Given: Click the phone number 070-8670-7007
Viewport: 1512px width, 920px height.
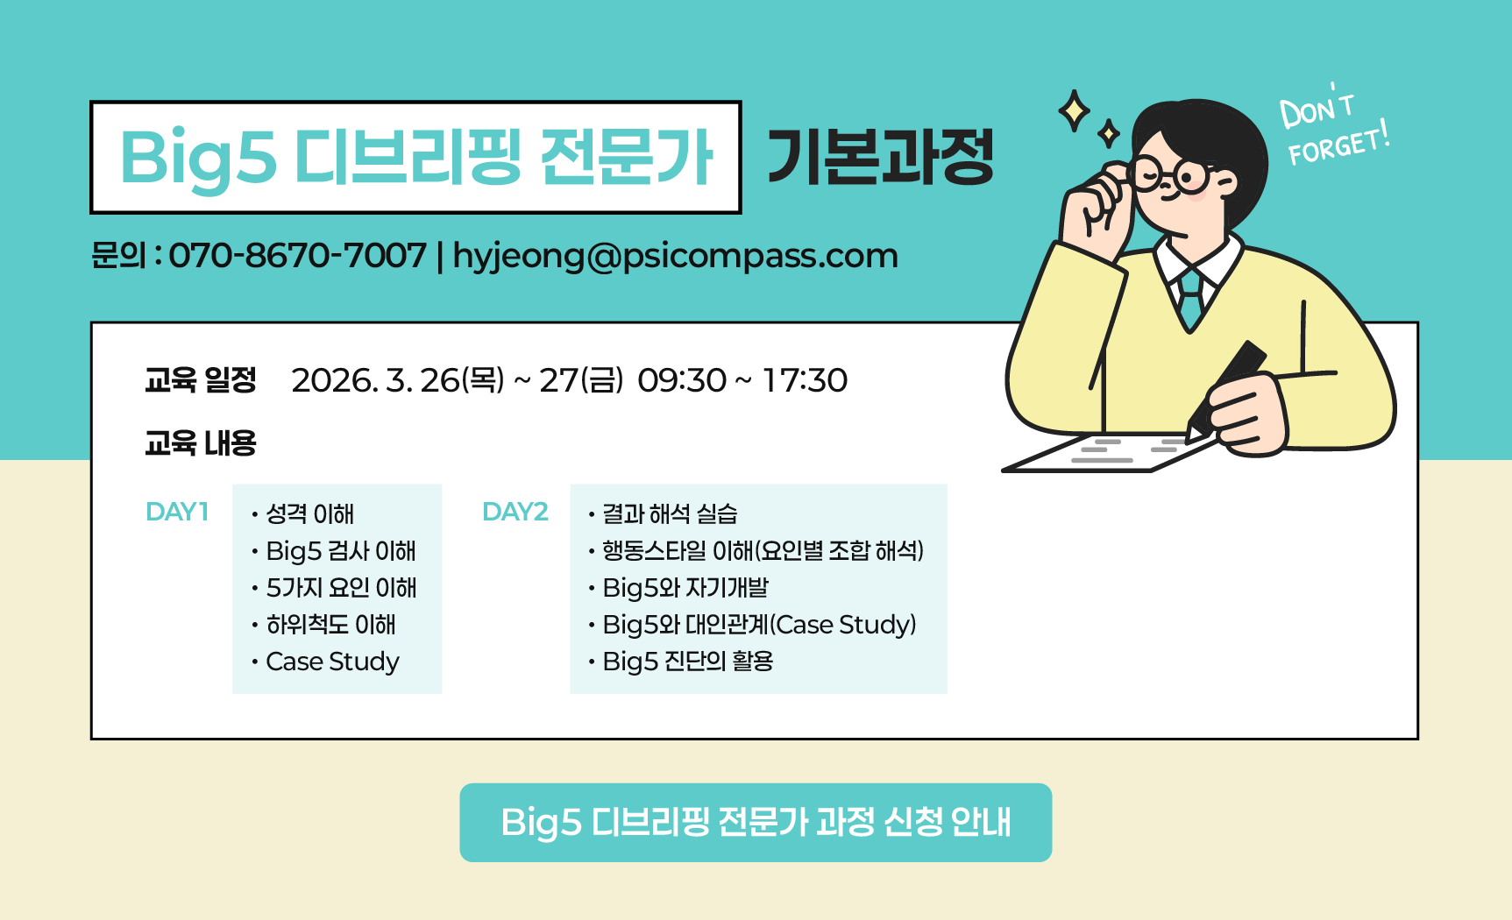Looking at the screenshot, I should click(x=297, y=256).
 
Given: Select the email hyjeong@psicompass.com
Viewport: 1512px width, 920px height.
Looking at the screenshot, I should click(x=675, y=256).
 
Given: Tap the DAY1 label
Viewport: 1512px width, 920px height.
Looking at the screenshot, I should click(x=177, y=512).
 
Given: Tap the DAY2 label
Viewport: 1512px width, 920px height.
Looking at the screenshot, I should click(x=515, y=512).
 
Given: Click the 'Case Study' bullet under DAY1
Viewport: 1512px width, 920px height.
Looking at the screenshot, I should click(x=332, y=662).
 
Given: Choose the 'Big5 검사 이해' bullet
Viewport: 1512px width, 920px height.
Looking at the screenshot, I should click(x=340, y=551).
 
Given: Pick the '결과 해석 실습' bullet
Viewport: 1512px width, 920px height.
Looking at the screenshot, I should click(x=670, y=514).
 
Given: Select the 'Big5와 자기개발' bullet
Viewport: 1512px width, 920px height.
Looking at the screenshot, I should click(x=685, y=588).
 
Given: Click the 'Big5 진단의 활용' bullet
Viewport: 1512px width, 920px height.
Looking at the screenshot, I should click(x=688, y=662).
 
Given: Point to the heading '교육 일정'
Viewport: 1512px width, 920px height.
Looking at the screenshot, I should click(x=201, y=380).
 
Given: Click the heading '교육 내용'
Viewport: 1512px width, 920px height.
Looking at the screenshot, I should click(x=201, y=443).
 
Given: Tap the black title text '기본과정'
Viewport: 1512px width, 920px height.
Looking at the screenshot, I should click(x=880, y=158).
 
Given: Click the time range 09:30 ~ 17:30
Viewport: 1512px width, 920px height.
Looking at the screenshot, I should click(x=742, y=380).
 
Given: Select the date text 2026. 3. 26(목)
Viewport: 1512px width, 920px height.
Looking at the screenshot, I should click(x=397, y=380).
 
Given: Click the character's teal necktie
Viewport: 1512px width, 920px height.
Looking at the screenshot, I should click(x=1190, y=298).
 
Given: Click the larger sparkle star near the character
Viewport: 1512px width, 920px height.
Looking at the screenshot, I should click(x=1074, y=111).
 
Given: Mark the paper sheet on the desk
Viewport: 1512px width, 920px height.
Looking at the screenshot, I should click(x=1104, y=453).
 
